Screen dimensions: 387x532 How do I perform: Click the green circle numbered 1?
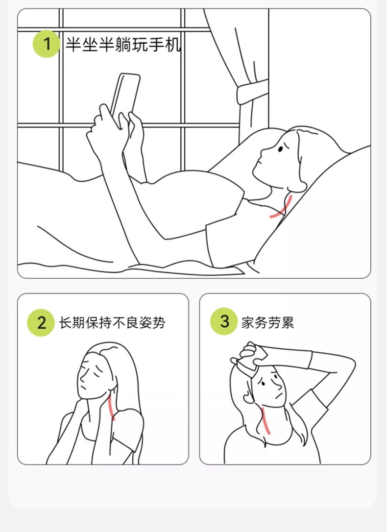click(46, 44)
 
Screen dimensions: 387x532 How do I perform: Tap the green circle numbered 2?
click(41, 322)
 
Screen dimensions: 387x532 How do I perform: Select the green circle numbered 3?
click(224, 321)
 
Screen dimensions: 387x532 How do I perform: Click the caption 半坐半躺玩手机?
click(123, 45)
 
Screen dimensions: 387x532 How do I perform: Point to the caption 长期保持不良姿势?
click(112, 323)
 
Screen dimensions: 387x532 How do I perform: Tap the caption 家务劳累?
click(267, 322)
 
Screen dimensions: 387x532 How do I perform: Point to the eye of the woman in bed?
click(281, 148)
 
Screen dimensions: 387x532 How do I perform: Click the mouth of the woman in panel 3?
click(279, 396)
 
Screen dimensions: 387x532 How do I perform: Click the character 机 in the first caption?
click(173, 45)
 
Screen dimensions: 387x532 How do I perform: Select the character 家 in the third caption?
click(247, 322)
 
